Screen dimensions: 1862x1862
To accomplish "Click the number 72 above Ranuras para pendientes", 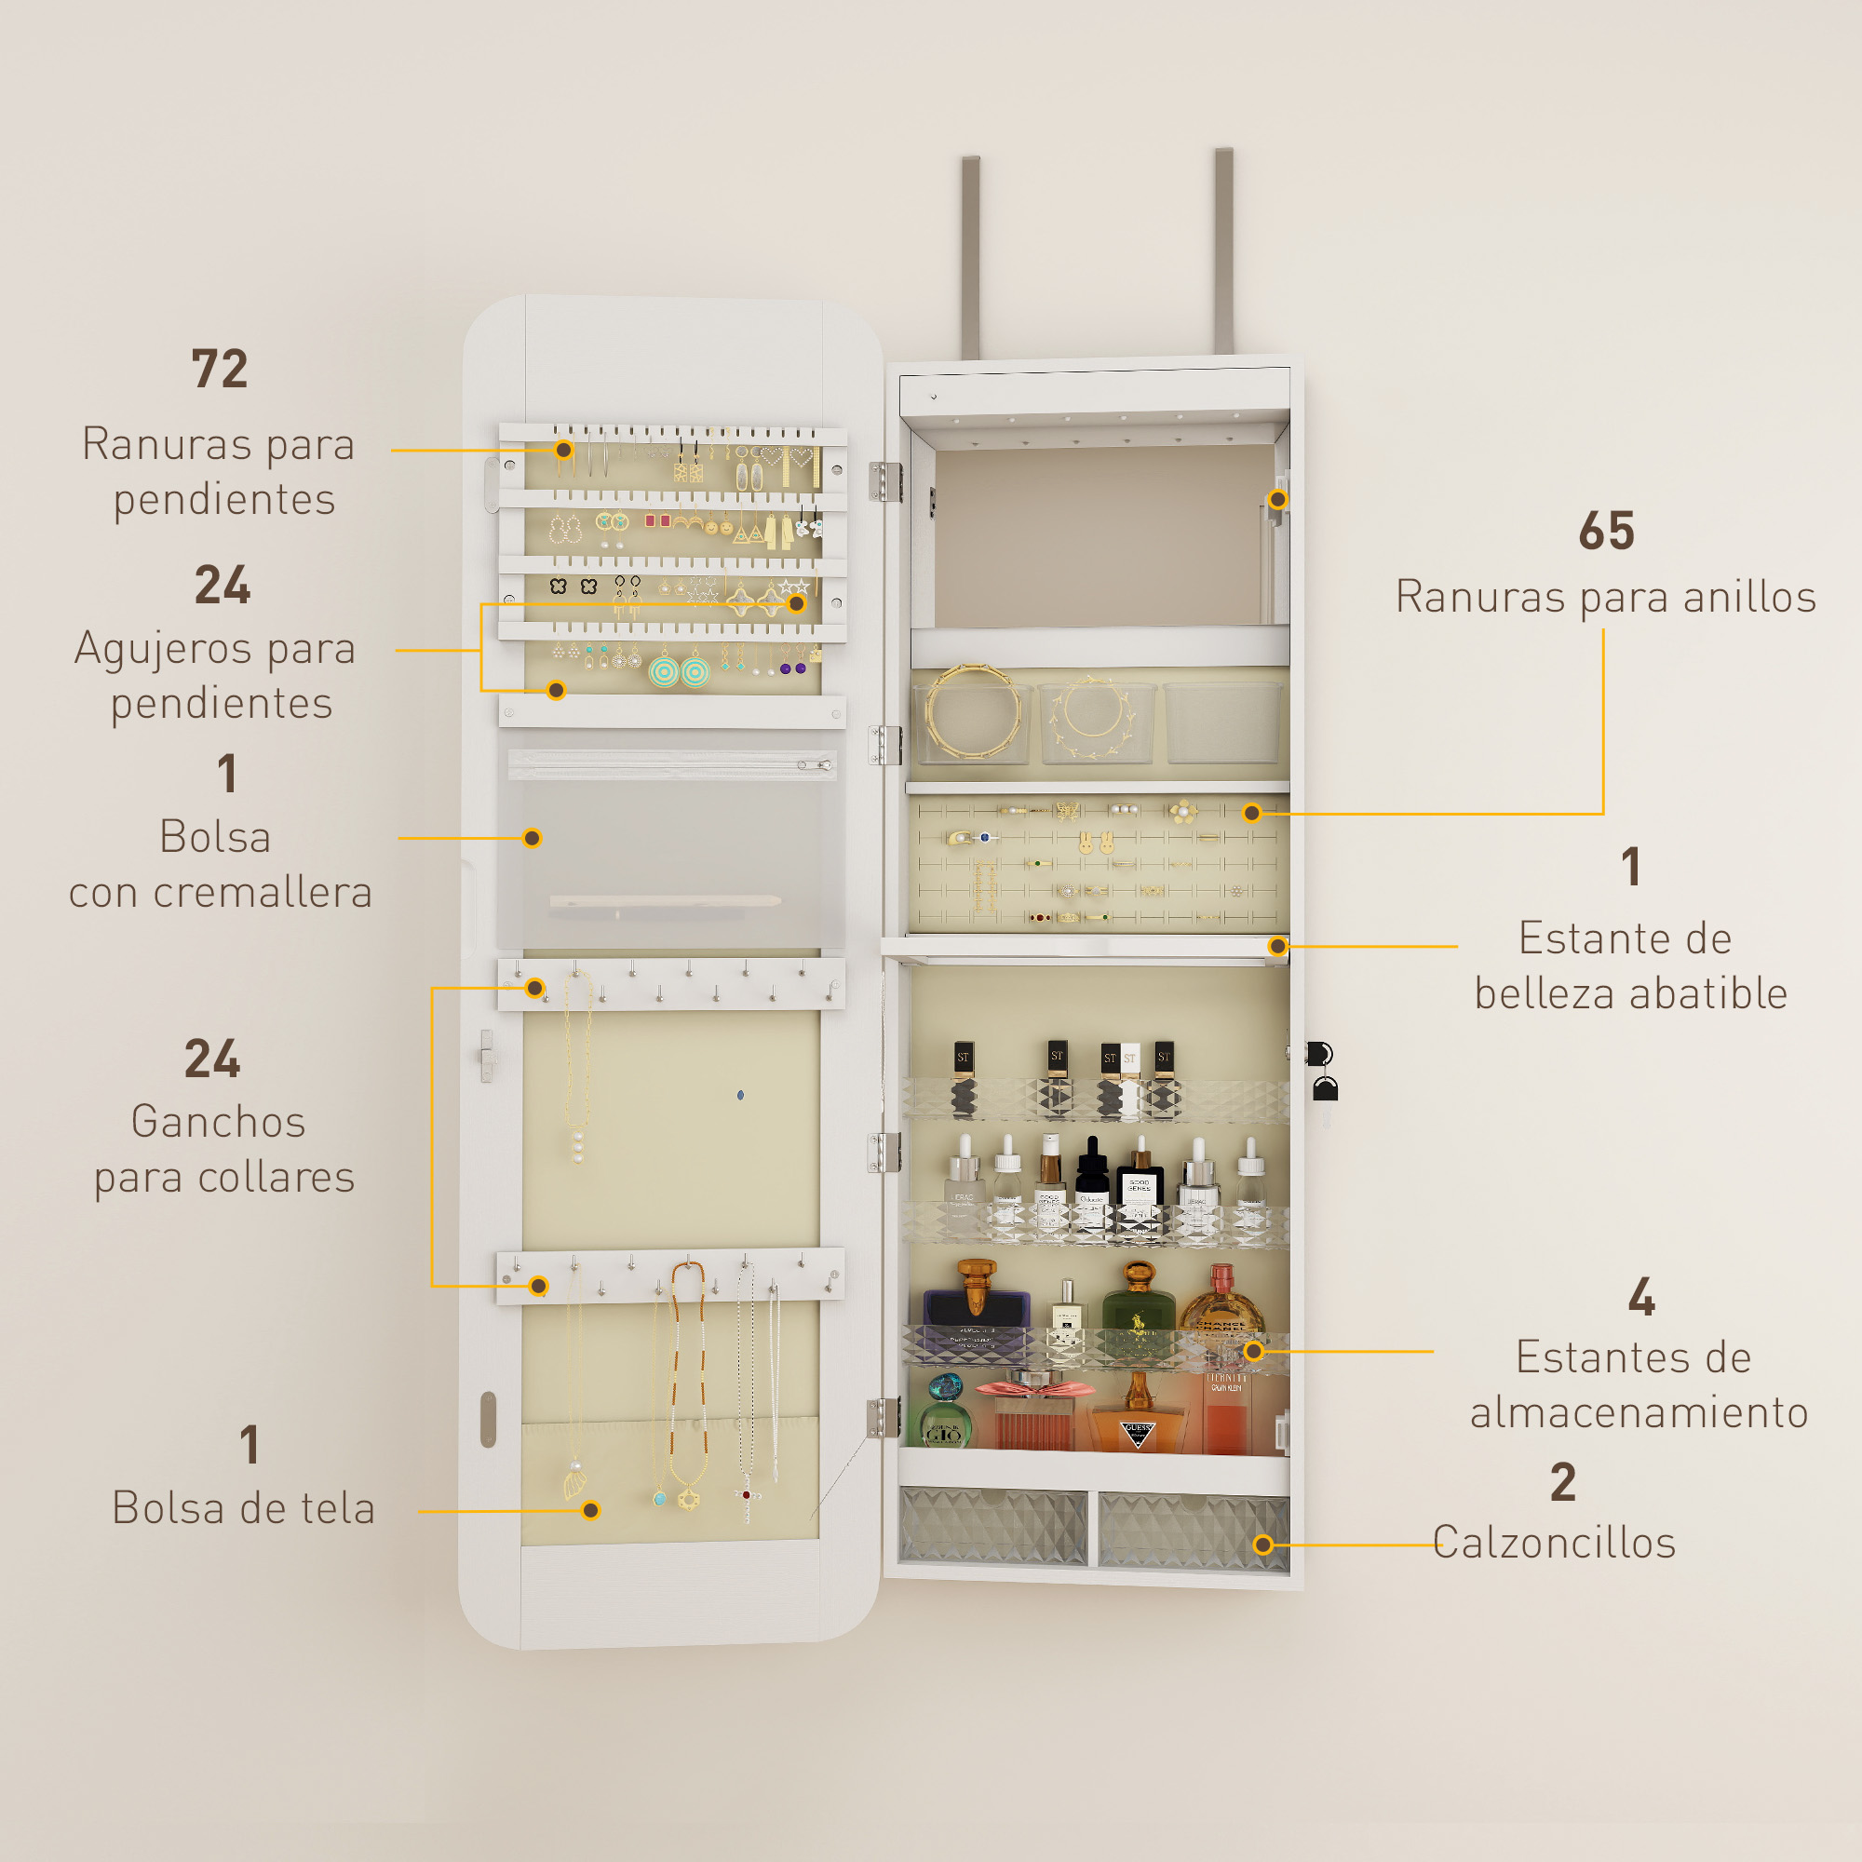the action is (220, 369).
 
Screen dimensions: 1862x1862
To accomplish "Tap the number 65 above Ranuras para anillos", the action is (1607, 531).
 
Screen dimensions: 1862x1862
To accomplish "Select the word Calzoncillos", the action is (1555, 1543).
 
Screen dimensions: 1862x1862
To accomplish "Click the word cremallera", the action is (263, 893).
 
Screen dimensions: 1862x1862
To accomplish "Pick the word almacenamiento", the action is (1639, 1413).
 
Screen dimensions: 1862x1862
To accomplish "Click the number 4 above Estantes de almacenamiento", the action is (1641, 1297).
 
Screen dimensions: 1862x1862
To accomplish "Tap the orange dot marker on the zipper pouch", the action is (532, 839).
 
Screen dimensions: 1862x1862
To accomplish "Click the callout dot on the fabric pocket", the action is (591, 1510).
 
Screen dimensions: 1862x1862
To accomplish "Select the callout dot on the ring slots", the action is (1252, 813).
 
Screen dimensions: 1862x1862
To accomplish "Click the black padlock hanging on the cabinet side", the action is (1326, 1089).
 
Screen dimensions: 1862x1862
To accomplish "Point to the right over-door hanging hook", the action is (1223, 251).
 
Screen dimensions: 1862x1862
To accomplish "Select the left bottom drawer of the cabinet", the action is (992, 1527).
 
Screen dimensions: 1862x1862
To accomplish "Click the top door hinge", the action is (884, 482).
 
